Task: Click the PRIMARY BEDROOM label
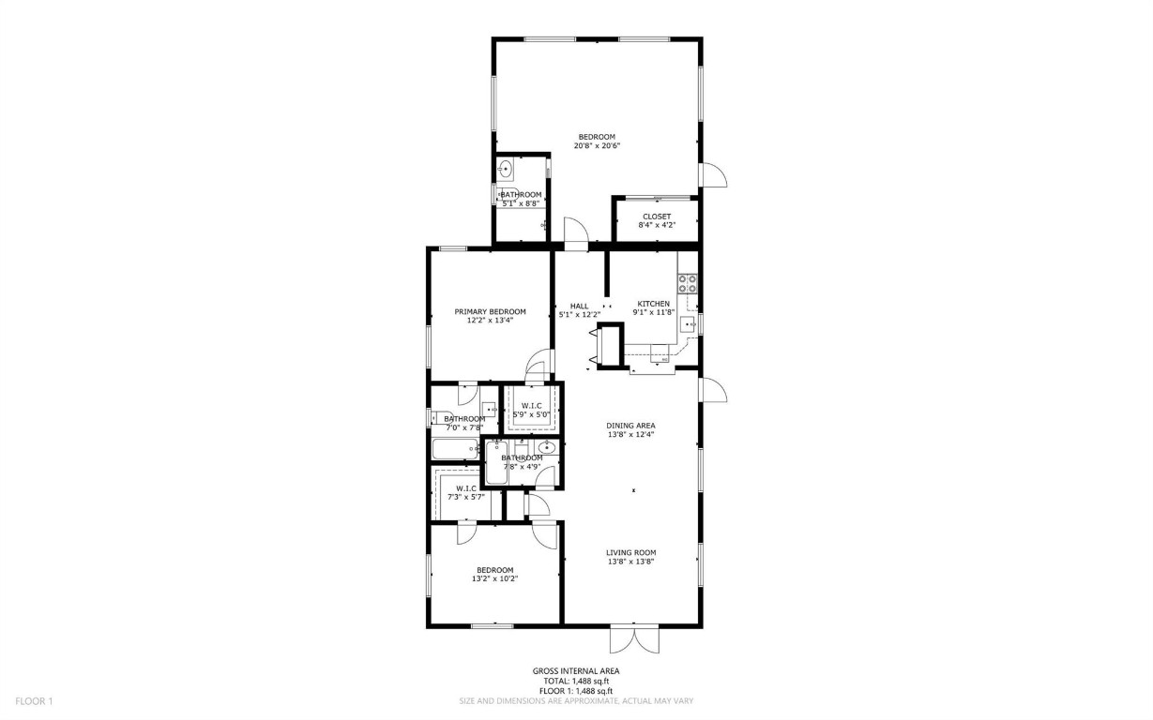click(x=490, y=311)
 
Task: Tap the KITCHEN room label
click(x=654, y=304)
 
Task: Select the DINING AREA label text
click(x=630, y=425)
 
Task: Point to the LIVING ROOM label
click(x=630, y=552)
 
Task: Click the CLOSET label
click(x=656, y=217)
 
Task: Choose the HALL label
click(x=579, y=306)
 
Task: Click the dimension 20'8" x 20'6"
click(x=597, y=146)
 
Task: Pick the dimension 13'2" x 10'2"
click(x=494, y=579)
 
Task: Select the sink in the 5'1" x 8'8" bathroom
click(x=506, y=170)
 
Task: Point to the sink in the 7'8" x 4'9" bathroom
click(x=547, y=447)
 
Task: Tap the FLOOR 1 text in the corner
click(x=34, y=700)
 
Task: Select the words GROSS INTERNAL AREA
click(x=576, y=671)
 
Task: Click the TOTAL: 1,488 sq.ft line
click(x=576, y=682)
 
